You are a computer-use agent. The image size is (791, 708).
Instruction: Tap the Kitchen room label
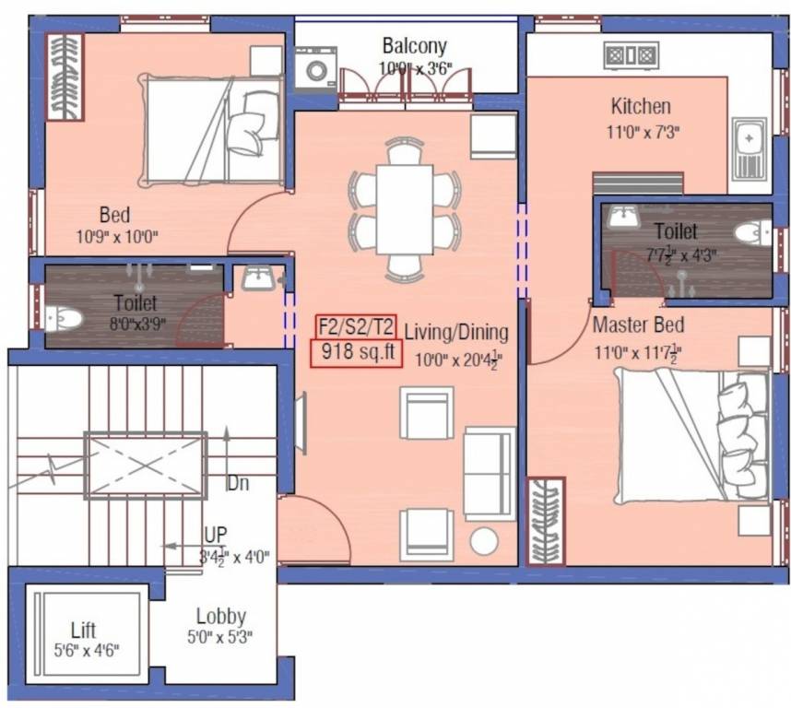coord(640,106)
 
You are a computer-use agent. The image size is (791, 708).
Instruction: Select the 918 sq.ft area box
coord(356,353)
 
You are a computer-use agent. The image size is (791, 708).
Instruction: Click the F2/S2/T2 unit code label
coord(356,326)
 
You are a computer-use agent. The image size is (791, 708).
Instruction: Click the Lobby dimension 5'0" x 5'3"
coord(220,636)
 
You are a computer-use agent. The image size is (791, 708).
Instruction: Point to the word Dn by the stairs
coord(237,483)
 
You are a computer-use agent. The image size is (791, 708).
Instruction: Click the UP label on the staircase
coord(217,535)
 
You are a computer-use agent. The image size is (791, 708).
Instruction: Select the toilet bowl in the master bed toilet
coord(753,233)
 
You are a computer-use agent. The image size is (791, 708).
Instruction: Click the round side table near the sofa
coord(483,540)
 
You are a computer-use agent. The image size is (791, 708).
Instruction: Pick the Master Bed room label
coord(637,325)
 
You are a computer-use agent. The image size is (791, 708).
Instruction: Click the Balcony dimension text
coord(414,68)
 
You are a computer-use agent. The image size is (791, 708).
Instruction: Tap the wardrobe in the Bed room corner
coord(65,76)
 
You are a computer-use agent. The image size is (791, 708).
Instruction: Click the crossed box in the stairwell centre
coord(145,465)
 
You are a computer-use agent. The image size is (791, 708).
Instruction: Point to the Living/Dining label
coord(455,332)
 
